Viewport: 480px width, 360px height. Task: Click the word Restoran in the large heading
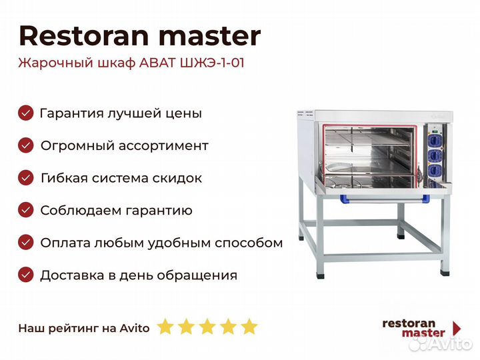(84, 36)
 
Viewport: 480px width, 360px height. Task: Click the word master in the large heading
(210, 37)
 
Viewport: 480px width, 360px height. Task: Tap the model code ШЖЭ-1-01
(212, 63)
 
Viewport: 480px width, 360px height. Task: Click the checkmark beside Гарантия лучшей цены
(26, 113)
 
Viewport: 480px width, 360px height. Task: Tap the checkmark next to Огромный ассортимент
(26, 145)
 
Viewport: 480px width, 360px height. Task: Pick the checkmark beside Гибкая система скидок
(26, 178)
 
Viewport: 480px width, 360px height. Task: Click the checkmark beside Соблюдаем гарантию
(26, 210)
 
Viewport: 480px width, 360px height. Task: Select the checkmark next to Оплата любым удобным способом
(26, 243)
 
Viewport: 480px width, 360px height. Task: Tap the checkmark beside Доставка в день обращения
(26, 275)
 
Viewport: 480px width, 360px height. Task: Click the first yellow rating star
(165, 326)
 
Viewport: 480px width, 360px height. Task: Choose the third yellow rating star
(207, 326)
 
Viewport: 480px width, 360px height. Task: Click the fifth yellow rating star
(249, 326)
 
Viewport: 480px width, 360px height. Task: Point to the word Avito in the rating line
(135, 328)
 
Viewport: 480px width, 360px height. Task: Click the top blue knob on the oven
(435, 141)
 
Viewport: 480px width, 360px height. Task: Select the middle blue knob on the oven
(435, 156)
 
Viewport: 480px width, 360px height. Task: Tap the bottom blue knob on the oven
(435, 171)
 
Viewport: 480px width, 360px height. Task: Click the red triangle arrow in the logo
(456, 328)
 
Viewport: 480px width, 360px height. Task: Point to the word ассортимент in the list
(163, 146)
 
